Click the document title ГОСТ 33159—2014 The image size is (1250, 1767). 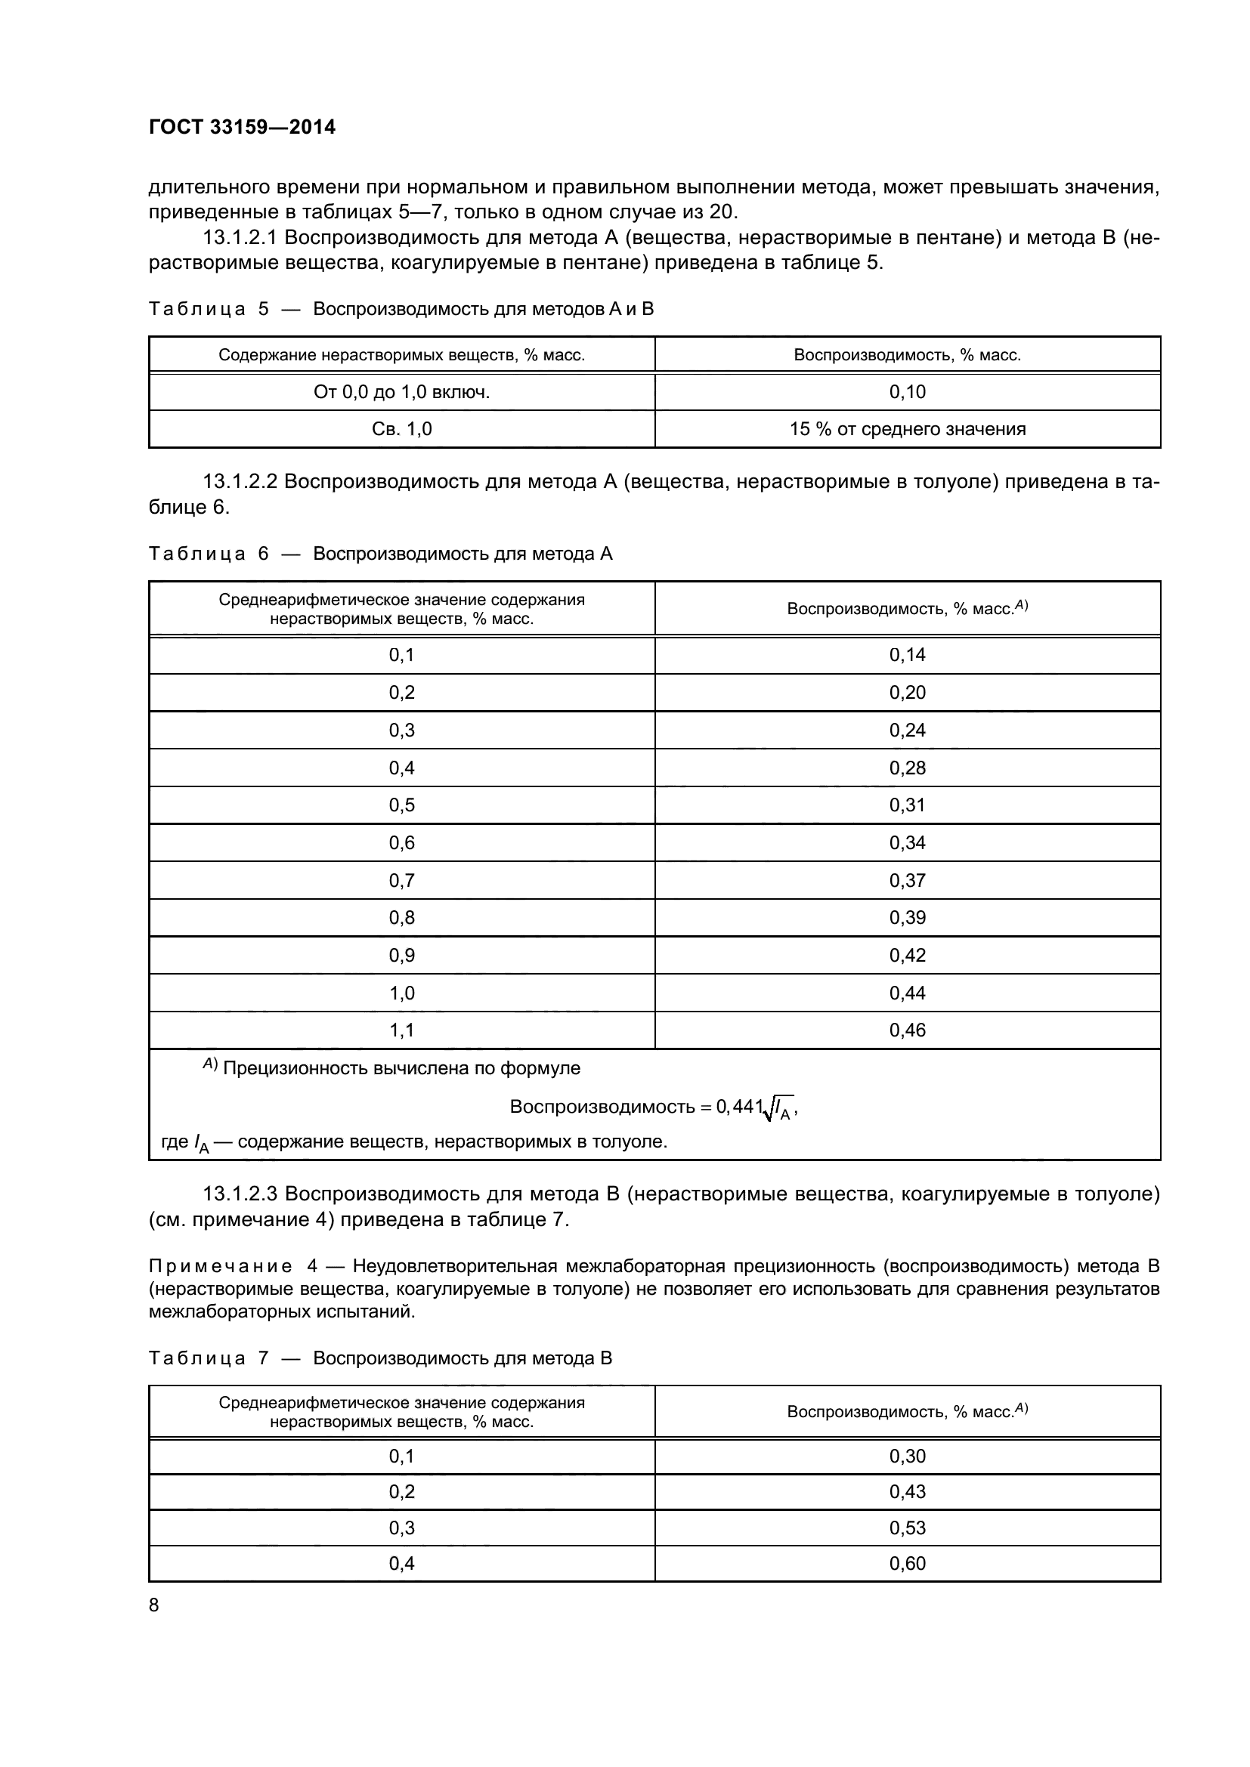click(242, 127)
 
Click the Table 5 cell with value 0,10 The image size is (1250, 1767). click(908, 392)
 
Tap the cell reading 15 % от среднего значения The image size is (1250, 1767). click(908, 428)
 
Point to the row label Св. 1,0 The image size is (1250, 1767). click(402, 428)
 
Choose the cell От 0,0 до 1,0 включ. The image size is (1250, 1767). click(402, 392)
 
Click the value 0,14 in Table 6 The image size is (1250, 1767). click(908, 655)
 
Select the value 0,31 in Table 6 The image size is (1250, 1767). click(908, 805)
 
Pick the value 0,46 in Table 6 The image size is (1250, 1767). click(908, 1030)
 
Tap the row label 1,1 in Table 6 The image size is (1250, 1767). click(402, 1030)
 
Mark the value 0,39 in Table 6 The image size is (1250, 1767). click(908, 917)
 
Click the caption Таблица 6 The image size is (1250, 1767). click(208, 553)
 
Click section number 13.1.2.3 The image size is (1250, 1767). click(241, 1194)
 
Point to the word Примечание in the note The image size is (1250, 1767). click(220, 1266)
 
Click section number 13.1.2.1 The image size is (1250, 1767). click(241, 238)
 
